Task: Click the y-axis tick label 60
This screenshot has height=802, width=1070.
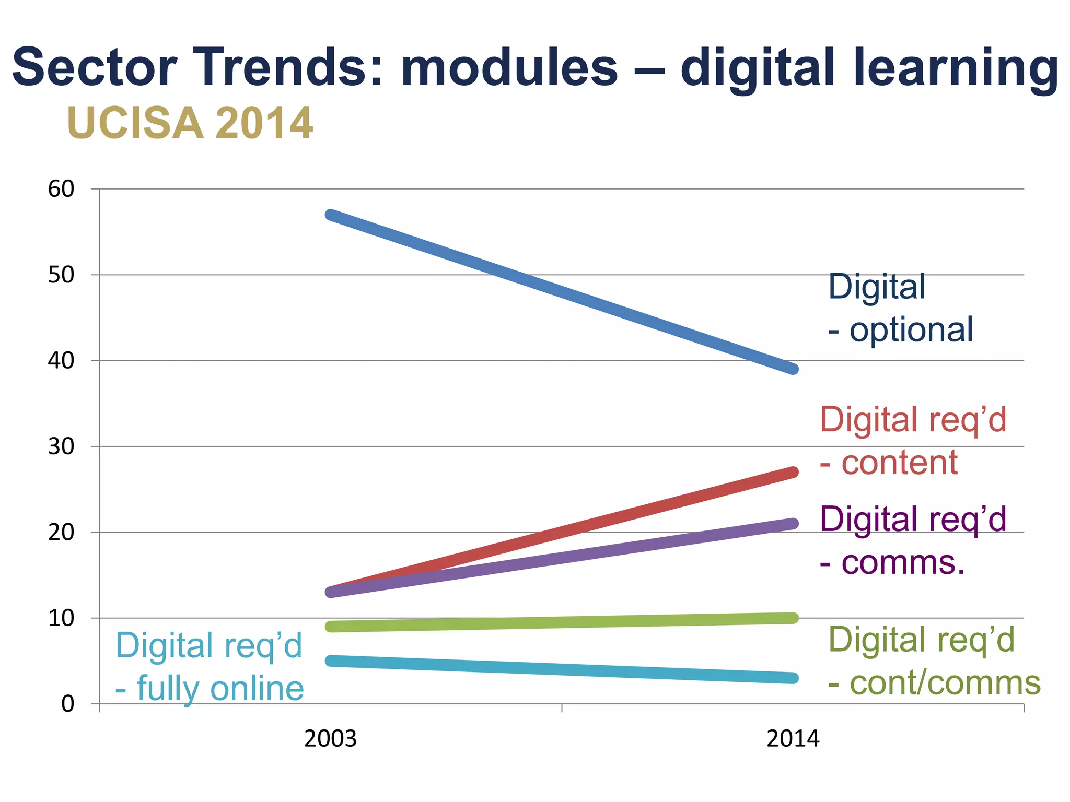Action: [61, 189]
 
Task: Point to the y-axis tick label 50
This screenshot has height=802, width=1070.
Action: [61, 275]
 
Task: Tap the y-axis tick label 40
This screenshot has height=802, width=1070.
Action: [61, 361]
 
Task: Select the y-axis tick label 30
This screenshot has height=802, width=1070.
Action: [61, 446]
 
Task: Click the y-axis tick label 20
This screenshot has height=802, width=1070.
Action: [61, 533]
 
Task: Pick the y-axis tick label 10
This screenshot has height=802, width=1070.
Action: [61, 618]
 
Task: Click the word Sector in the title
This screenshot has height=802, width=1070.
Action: [95, 68]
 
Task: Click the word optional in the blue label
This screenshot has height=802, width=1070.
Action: [911, 331]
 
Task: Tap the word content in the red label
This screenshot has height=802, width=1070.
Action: [899, 463]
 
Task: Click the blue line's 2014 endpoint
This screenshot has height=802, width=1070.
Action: [793, 369]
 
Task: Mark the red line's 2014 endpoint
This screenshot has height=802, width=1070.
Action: [793, 473]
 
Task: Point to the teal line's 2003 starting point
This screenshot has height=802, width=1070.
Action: [331, 661]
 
